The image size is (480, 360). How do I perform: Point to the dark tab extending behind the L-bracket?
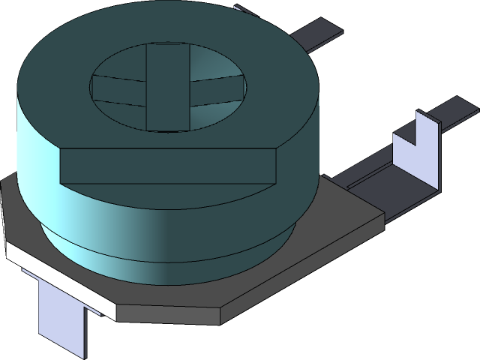[457, 110]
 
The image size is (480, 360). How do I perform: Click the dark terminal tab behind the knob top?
[319, 34]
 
